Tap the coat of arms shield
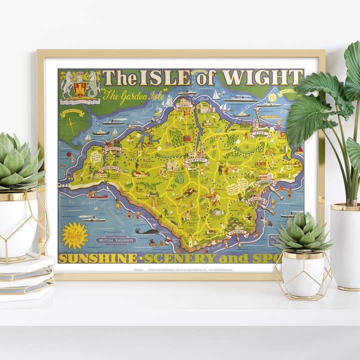click(79, 88)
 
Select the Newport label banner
click(197, 160)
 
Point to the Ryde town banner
click(260, 133)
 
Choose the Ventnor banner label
click(237, 231)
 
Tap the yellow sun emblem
click(74, 235)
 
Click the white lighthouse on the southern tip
click(189, 240)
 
